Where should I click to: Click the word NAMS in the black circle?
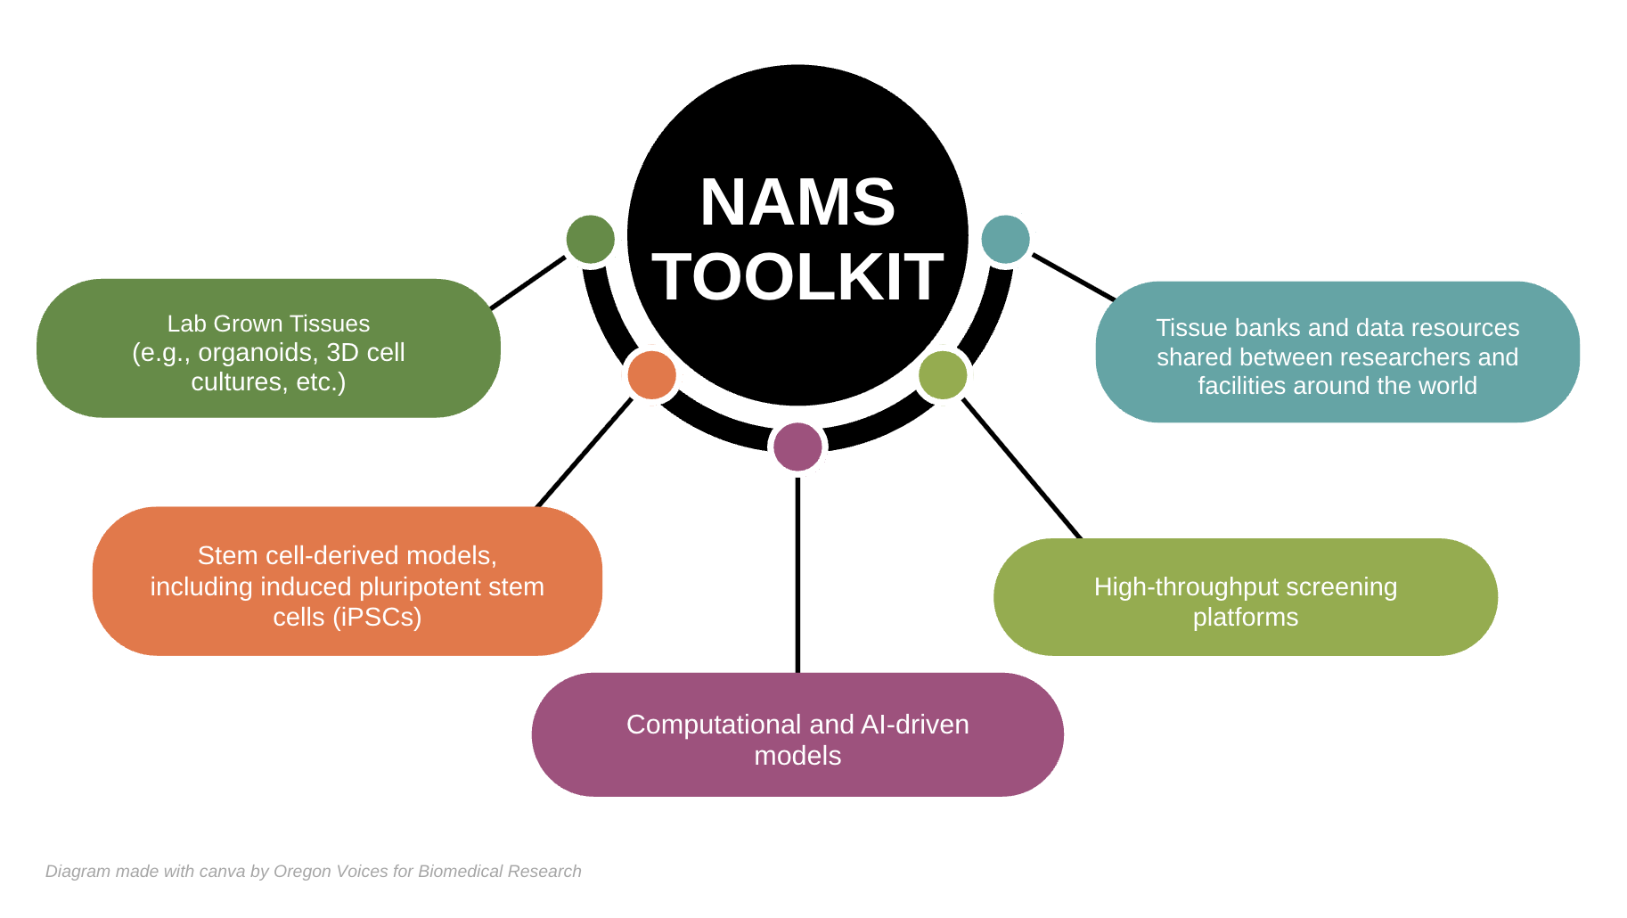[x=797, y=202]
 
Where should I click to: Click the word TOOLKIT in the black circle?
[x=797, y=276]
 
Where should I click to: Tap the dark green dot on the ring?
[x=590, y=240]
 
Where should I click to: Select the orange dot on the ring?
[x=651, y=374]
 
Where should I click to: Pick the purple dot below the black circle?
[x=797, y=447]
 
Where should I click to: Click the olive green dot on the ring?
[x=943, y=374]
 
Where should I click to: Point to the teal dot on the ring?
[x=1005, y=240]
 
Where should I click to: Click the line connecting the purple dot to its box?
[x=797, y=575]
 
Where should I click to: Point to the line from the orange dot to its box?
[x=584, y=453]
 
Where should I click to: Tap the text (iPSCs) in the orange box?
[x=377, y=617]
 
